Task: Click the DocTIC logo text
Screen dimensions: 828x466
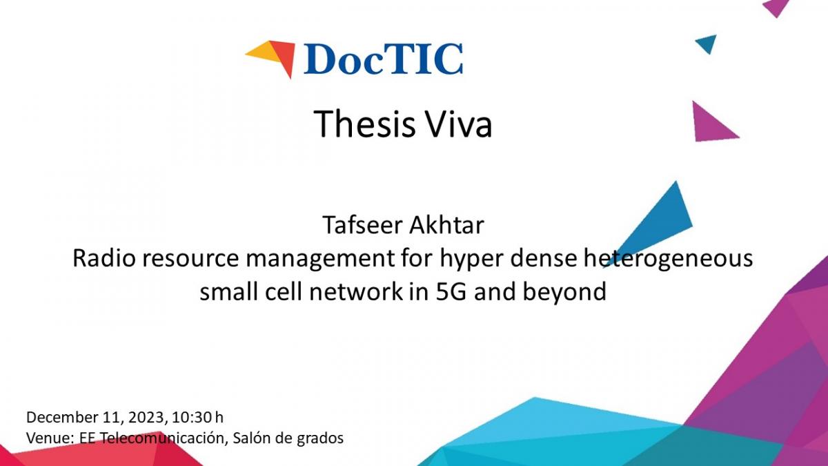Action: click(x=383, y=59)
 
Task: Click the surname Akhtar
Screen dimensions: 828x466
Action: click(x=446, y=225)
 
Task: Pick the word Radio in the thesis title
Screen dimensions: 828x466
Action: click(x=104, y=258)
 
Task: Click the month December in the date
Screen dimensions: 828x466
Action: click(x=61, y=417)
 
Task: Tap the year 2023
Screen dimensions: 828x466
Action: click(x=146, y=417)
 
